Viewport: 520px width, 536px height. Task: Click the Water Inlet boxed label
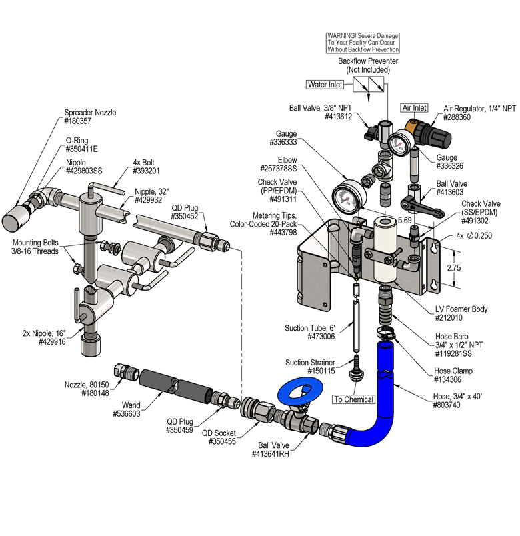325,85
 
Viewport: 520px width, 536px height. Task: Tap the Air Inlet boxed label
413,107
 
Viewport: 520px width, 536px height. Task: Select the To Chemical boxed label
354,399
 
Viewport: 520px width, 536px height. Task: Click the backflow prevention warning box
363,43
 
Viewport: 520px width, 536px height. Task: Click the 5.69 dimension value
404,219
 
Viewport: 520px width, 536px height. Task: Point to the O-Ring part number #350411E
81,149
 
